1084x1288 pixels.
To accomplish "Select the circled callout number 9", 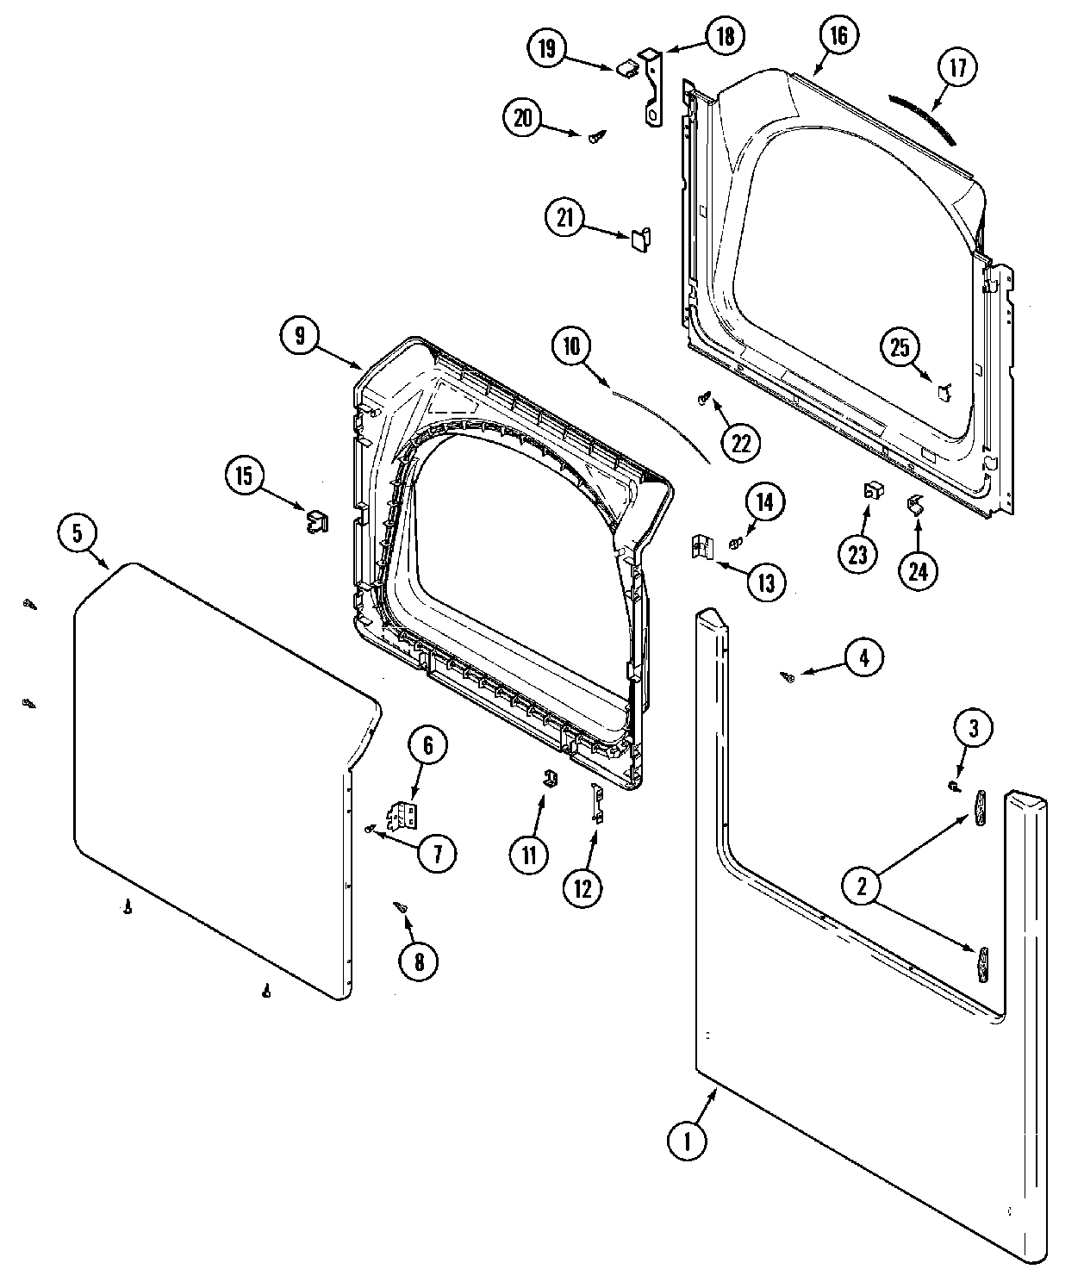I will click(299, 336).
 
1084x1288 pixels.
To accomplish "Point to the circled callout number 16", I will click(838, 35).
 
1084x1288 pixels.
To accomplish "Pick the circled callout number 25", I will click(900, 348).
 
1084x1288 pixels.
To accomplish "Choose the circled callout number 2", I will click(862, 885).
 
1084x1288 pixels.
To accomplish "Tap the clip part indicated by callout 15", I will click(317, 521).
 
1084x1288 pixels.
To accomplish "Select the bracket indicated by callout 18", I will click(652, 88).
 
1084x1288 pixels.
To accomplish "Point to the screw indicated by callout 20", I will click(595, 136).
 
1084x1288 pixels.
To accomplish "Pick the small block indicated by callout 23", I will click(872, 491).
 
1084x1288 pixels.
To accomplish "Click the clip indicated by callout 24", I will click(914, 506).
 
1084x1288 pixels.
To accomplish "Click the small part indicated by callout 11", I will click(547, 777).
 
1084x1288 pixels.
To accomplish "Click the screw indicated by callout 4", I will click(787, 678).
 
